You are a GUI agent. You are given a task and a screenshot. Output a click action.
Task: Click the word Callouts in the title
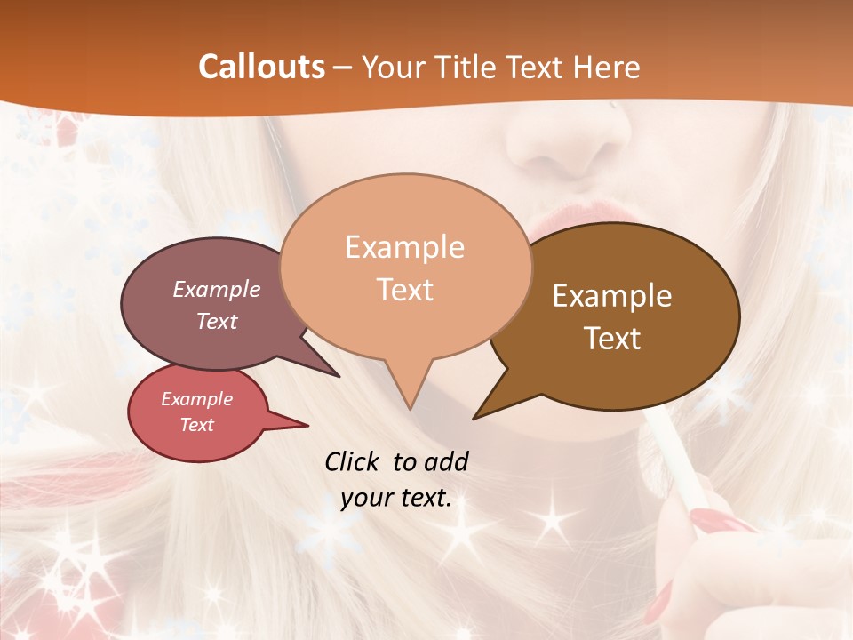click(x=261, y=67)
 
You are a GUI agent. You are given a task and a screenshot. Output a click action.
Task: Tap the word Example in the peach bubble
click(x=404, y=247)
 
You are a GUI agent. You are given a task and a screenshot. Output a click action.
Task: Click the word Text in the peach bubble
click(x=404, y=290)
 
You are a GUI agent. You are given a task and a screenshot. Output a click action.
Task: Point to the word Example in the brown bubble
click(x=612, y=296)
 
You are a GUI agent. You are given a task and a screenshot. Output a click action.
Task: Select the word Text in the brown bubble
click(x=612, y=339)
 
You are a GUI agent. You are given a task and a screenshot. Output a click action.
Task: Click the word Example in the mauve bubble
click(x=217, y=289)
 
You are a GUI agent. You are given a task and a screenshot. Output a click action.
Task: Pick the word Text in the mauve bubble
click(x=217, y=321)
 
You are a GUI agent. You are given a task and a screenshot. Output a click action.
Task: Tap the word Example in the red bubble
click(x=196, y=399)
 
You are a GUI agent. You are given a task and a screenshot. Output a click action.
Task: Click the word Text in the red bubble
click(x=196, y=425)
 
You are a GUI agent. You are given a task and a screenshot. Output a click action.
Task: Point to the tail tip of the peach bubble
click(x=410, y=408)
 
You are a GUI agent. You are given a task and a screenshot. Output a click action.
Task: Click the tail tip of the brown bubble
click(x=474, y=418)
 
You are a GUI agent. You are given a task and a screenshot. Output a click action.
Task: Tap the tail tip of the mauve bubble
click(x=339, y=376)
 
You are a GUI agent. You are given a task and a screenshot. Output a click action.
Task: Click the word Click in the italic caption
click(x=354, y=461)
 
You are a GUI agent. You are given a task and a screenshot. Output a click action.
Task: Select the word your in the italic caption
click(x=364, y=498)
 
